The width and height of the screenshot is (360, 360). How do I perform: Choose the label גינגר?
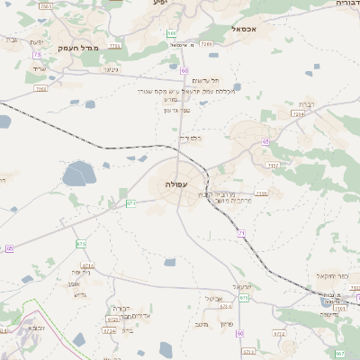[x=111, y=68]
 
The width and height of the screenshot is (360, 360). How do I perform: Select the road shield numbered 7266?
[x=206, y=43]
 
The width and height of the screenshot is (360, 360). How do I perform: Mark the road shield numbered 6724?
[x=110, y=330]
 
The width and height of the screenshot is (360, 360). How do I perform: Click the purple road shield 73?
[x=37, y=55]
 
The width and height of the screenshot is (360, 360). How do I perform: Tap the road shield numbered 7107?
[x=274, y=166]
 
